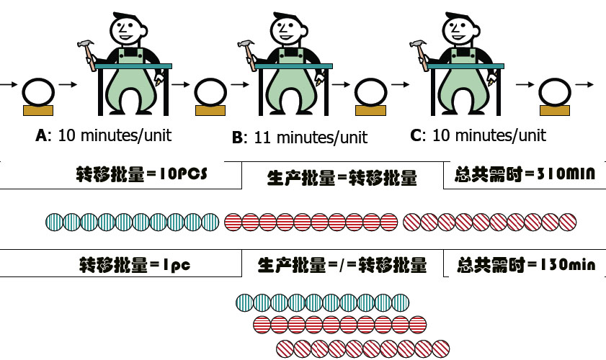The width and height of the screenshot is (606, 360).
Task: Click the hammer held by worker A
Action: (86, 48)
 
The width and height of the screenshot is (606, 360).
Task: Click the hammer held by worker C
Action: (417, 48)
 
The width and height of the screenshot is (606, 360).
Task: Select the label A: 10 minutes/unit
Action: (103, 135)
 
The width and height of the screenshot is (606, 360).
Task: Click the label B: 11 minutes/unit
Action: (300, 136)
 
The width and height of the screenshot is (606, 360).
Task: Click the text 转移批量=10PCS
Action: (136, 174)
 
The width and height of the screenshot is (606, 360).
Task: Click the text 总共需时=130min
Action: (525, 265)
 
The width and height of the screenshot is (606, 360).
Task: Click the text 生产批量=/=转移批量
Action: (342, 266)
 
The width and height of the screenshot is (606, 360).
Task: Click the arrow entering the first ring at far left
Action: (8, 85)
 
